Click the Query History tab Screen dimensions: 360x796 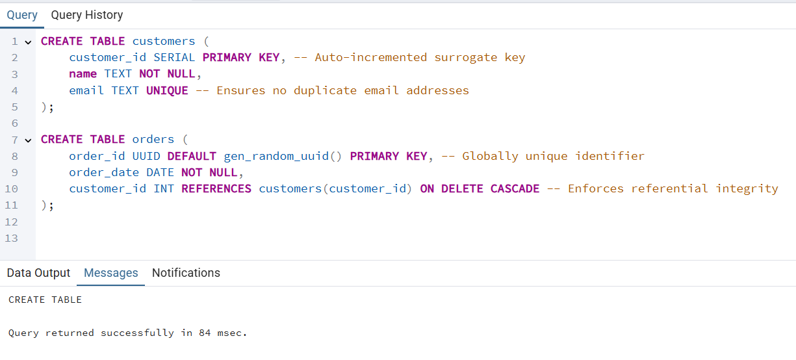pyautogui.click(x=86, y=15)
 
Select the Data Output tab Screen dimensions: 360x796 pyautogui.click(x=38, y=273)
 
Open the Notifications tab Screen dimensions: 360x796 pyautogui.click(x=186, y=273)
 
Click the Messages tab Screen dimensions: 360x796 pyautogui.click(x=111, y=273)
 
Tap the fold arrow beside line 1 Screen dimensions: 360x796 pyautogui.click(x=28, y=42)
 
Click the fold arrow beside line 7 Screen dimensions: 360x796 pyautogui.click(x=28, y=140)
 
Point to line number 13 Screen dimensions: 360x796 pyautogui.click(x=11, y=238)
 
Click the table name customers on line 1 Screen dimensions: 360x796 pyautogui.click(x=164, y=41)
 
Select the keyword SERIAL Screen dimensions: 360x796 pyautogui.click(x=174, y=57)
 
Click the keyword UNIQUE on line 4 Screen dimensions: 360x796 pyautogui.click(x=167, y=90)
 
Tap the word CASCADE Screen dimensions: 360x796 pyautogui.click(x=515, y=188)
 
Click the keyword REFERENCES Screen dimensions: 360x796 pyautogui.click(x=216, y=188)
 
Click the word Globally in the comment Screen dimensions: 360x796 pyautogui.click(x=490, y=156)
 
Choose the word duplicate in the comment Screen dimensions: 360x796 pyautogui.click(x=325, y=90)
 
